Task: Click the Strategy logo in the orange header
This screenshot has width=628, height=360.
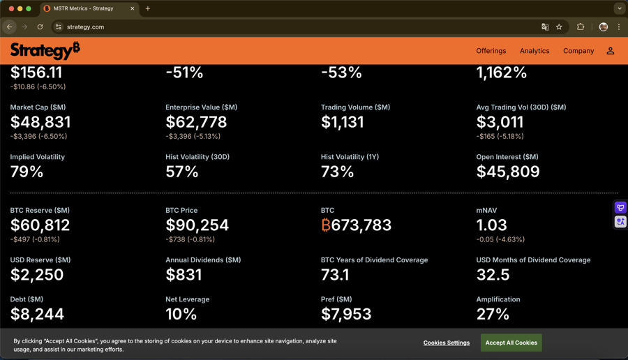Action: [x=45, y=51]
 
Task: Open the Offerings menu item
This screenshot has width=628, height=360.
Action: [x=491, y=51]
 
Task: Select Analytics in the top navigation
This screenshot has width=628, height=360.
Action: [x=534, y=51]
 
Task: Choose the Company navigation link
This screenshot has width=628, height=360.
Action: [x=578, y=51]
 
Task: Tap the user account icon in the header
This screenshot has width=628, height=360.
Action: [x=611, y=51]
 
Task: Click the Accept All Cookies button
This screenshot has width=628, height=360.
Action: [x=511, y=343]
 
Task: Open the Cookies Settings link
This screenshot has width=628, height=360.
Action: [x=447, y=343]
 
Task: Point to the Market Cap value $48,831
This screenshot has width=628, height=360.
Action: [x=40, y=122]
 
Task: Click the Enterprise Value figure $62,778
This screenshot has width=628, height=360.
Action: [x=196, y=122]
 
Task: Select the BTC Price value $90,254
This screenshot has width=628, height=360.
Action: [x=197, y=225]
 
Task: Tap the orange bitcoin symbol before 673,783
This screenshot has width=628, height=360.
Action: [x=326, y=225]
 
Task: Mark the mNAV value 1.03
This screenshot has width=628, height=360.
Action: [x=492, y=225]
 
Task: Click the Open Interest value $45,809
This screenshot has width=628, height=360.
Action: [x=508, y=172]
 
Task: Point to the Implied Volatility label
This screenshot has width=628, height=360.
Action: [x=38, y=157]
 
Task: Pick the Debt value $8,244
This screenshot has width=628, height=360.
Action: [x=37, y=314]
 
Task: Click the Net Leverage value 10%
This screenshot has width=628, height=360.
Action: [x=181, y=314]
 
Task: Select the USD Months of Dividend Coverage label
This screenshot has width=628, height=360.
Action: [x=533, y=260]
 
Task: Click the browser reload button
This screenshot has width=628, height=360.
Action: [x=40, y=27]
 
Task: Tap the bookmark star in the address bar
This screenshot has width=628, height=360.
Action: [x=559, y=27]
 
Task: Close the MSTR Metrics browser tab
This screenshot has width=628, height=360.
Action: [x=133, y=8]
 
